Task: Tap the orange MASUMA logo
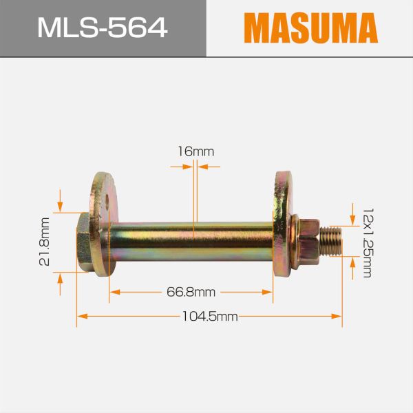(x=311, y=28)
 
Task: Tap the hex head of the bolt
(x=85, y=242)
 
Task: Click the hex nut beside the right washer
(x=310, y=240)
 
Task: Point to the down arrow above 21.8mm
(x=61, y=206)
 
